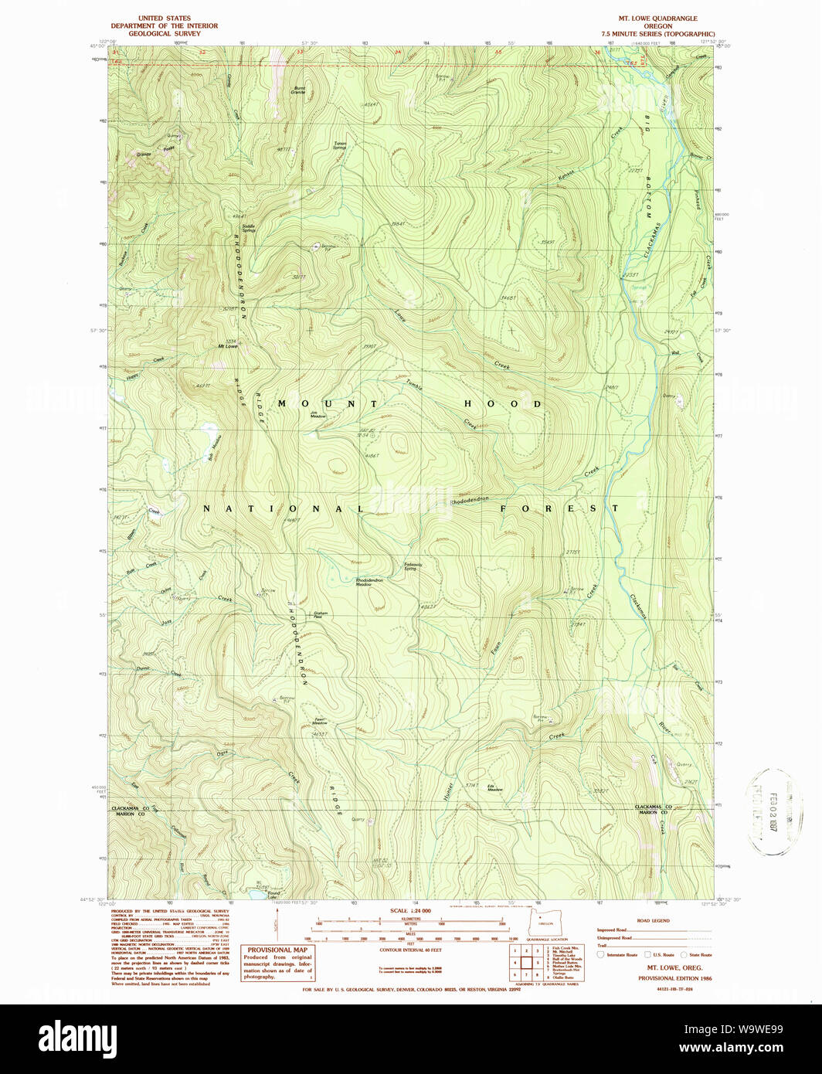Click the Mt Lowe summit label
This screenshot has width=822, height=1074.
pos(227,347)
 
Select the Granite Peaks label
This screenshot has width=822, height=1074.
pos(155,151)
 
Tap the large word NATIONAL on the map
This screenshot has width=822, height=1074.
pos(283,508)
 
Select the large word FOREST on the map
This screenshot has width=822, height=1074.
pos(559,508)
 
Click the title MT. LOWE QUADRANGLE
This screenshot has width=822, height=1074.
pos(657,19)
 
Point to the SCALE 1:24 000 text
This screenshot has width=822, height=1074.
pos(410,911)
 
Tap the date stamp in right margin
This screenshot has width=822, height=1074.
pos(773,811)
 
